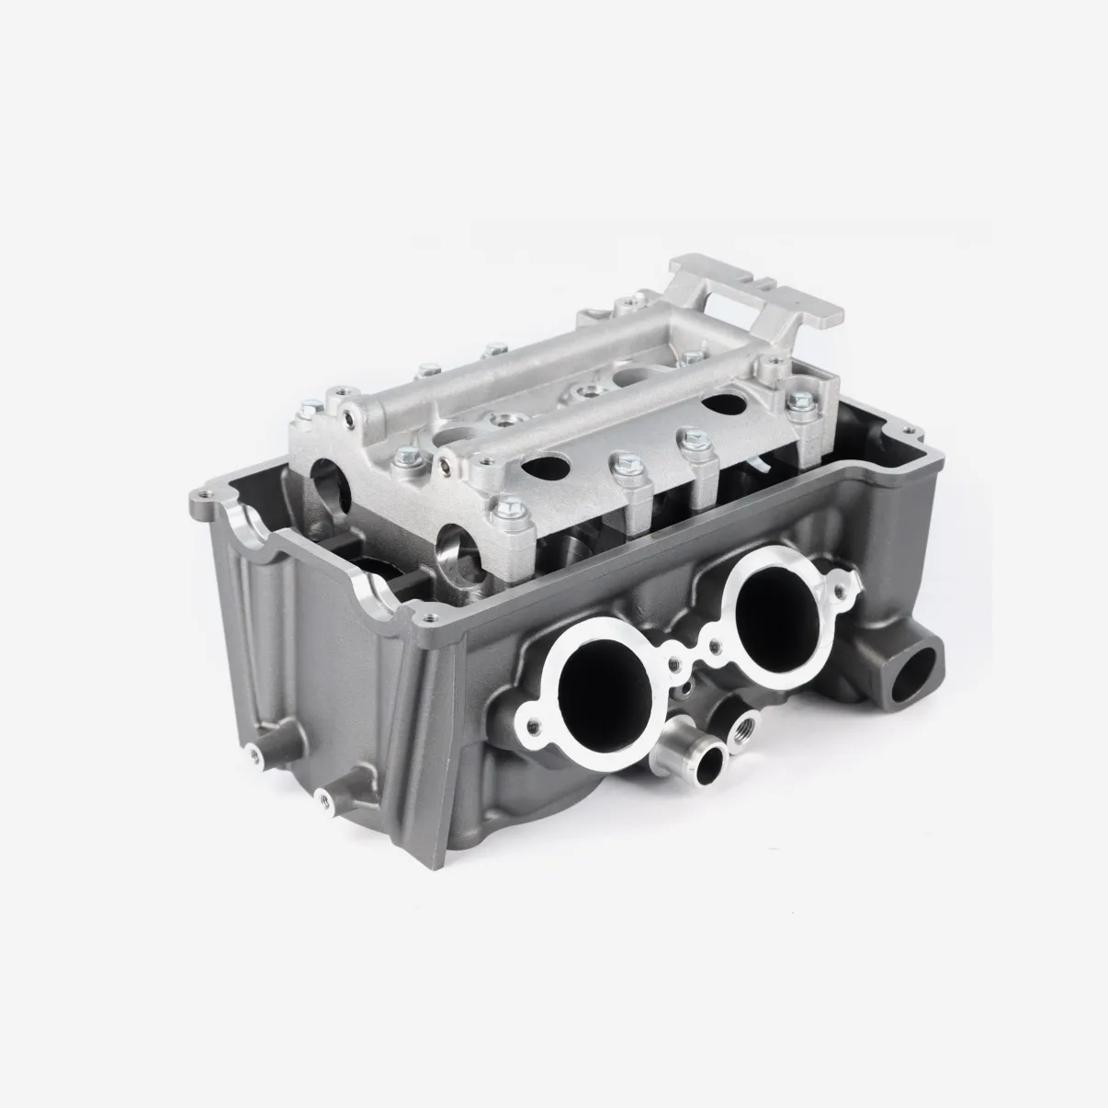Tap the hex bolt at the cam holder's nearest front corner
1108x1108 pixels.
503,508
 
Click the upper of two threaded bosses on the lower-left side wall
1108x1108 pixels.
252,754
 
